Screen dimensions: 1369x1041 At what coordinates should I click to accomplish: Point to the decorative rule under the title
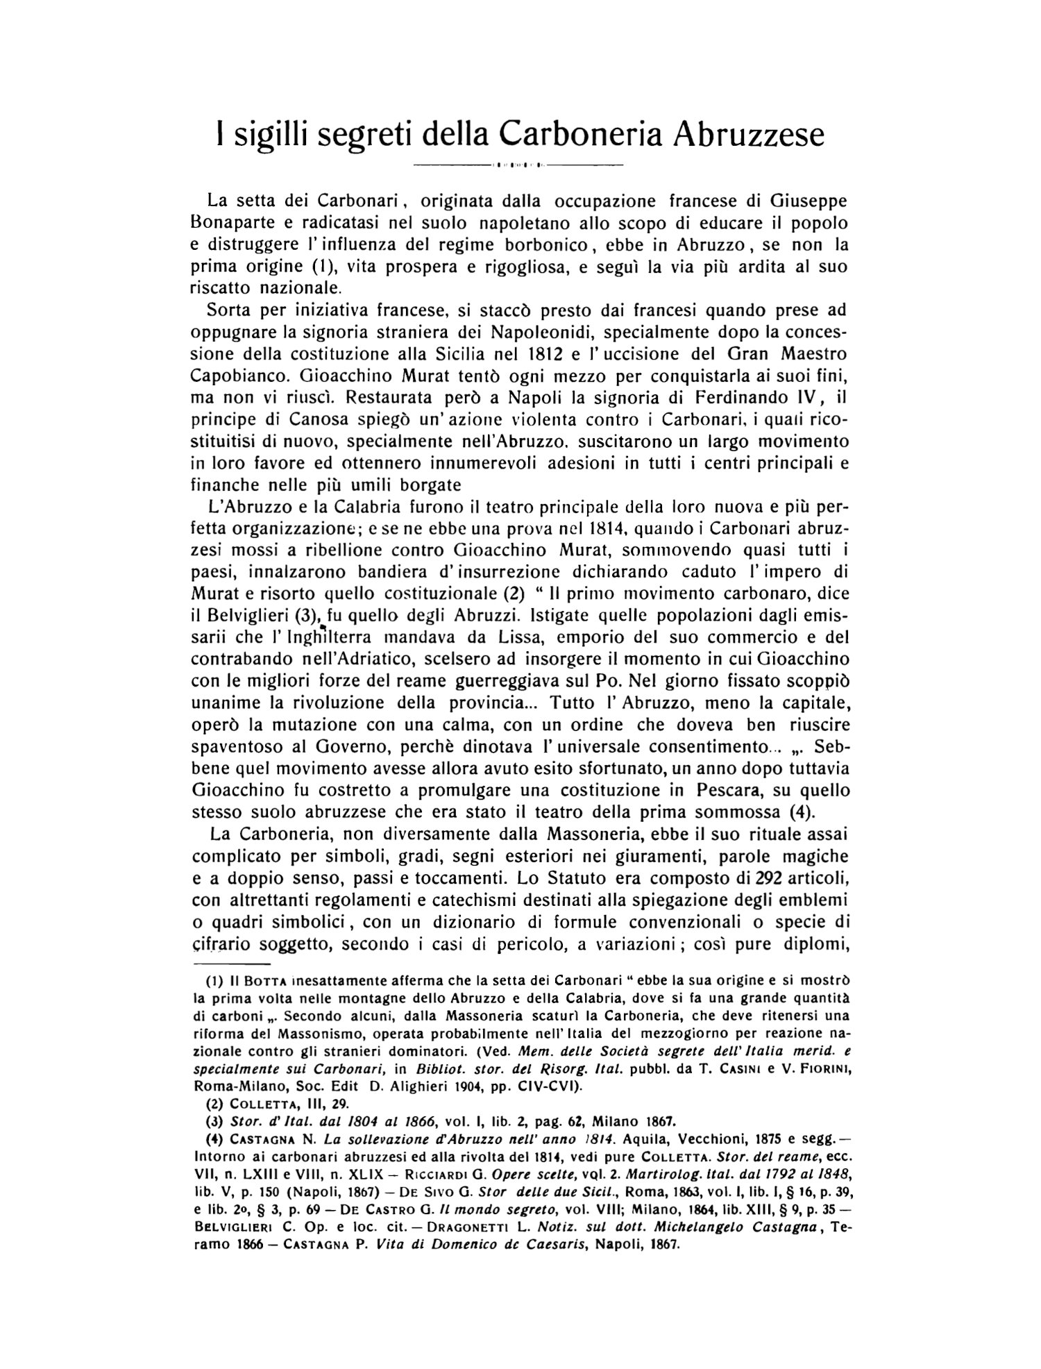pyautogui.click(x=518, y=165)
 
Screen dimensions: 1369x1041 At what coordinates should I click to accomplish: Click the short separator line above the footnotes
pyautogui.click(x=231, y=964)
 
